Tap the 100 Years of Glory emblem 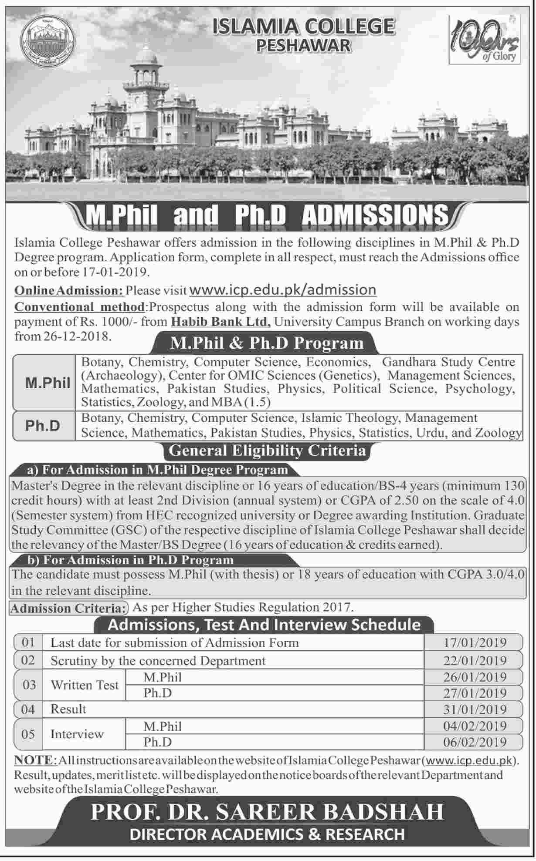click(x=484, y=39)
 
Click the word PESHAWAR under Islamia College click(x=303, y=44)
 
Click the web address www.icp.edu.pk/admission click(x=283, y=290)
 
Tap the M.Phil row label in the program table click(x=47, y=383)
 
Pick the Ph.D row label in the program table click(x=43, y=425)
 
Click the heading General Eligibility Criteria click(x=267, y=450)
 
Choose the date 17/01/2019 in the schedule click(x=475, y=642)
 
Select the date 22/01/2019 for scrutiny click(x=475, y=660)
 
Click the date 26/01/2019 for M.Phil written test click(x=475, y=677)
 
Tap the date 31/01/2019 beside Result click(x=475, y=710)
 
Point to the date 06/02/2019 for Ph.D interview click(x=475, y=742)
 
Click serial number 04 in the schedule click(x=28, y=710)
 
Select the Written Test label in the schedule click(x=85, y=685)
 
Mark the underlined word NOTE click(x=33, y=760)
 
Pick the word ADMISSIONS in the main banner click(x=375, y=215)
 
